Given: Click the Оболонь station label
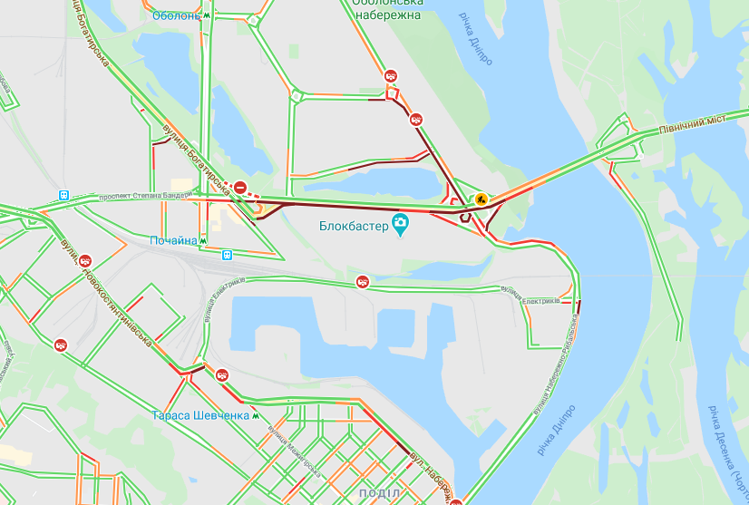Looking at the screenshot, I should click(176, 15).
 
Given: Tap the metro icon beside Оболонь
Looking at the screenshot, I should click(208, 15).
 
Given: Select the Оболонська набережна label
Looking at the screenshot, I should click(387, 9).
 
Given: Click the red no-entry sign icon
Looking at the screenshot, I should click(240, 188).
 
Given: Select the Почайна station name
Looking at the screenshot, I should click(173, 240).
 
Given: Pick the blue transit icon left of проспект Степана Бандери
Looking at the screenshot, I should click(63, 195).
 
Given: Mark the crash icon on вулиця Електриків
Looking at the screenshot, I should click(362, 282).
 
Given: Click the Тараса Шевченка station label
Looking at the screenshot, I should click(200, 415).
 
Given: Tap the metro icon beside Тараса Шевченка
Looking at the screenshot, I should click(257, 415).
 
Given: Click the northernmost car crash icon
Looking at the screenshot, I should click(391, 76).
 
